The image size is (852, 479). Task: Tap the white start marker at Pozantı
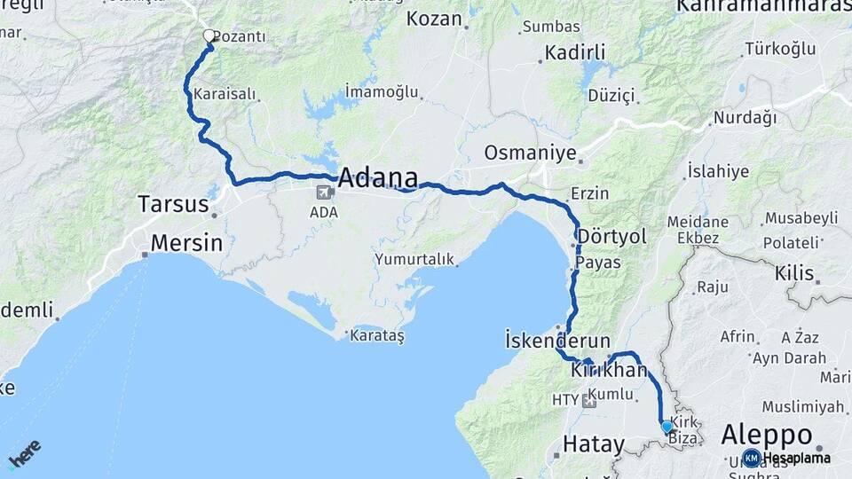209,36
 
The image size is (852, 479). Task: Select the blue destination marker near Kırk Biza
667,427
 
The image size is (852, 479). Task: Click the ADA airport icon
324,192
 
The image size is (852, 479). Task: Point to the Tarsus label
172,205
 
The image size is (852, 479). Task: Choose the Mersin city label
186,242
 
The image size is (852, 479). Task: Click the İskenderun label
556,340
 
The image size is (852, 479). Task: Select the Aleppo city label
767,435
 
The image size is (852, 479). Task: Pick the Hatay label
595,443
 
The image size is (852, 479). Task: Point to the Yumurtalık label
414,259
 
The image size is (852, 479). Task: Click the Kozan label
434,19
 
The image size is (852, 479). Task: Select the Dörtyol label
611,236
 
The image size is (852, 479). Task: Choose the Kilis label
793,273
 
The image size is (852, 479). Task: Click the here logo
24,453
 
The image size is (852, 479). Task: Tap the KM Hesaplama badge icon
752,458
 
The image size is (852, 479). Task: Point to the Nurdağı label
745,118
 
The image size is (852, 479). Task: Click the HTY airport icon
589,401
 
